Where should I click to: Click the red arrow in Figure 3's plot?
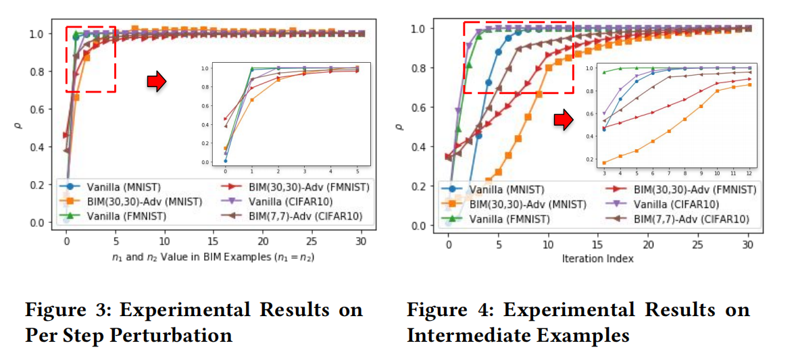156,81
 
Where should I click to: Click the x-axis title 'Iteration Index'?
597,259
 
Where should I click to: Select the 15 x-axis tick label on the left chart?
214,240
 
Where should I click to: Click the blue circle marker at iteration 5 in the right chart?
499,52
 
